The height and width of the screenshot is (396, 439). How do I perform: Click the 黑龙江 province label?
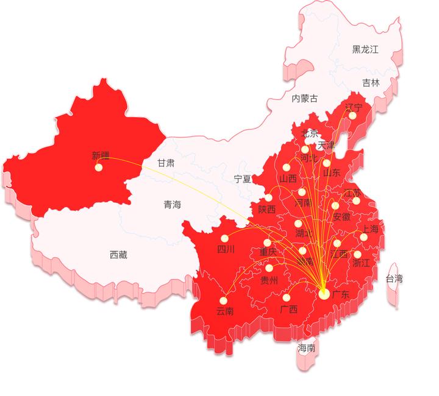click(x=365, y=50)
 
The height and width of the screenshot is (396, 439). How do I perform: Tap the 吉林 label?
click(x=371, y=82)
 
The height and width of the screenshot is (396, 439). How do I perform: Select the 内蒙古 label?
click(x=304, y=98)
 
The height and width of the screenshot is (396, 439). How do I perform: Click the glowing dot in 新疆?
click(x=99, y=168)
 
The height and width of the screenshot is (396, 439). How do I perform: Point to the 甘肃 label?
click(x=166, y=163)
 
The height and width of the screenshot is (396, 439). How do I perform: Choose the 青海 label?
click(x=172, y=205)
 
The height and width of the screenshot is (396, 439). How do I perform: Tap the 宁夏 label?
click(x=243, y=179)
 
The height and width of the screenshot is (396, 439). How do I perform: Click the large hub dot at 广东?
click(x=324, y=294)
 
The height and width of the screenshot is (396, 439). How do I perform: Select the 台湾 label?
click(x=394, y=278)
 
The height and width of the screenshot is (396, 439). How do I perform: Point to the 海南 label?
click(x=307, y=348)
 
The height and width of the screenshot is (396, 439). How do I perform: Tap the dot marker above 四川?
click(x=224, y=238)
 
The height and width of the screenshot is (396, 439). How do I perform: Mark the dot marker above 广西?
click(x=286, y=298)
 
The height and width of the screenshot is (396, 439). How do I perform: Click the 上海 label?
click(x=370, y=229)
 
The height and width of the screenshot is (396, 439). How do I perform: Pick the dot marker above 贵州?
click(x=269, y=268)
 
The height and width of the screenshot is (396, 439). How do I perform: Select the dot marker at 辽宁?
click(x=352, y=116)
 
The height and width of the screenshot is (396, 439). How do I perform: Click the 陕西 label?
click(x=266, y=210)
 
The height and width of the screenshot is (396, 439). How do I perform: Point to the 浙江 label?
click(x=361, y=263)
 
